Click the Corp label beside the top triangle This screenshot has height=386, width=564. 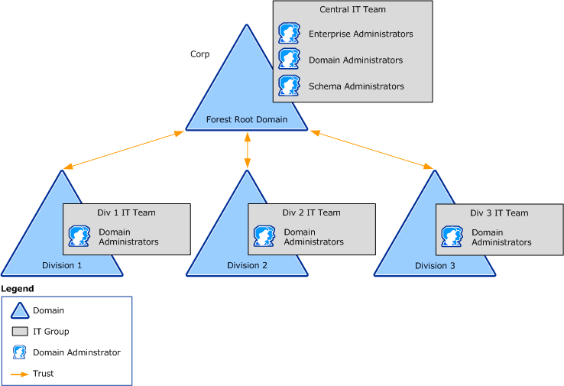coord(199,54)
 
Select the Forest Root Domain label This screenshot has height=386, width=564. coord(247,119)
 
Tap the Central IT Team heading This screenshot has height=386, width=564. coord(352,10)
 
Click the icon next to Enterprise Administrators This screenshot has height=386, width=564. coord(289,34)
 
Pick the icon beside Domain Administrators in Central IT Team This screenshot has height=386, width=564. coord(289,60)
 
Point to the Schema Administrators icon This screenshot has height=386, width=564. coord(289,86)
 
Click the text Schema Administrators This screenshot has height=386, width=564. coord(356,86)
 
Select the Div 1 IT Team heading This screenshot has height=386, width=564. coord(126,212)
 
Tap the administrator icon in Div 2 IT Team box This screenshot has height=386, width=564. coord(264,236)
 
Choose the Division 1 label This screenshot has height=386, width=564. coord(62,265)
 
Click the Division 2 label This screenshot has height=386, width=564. coord(247,265)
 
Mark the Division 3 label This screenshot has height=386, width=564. coord(435,265)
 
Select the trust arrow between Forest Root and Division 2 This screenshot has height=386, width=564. coord(247,151)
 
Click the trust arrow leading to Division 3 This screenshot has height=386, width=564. coord(372,150)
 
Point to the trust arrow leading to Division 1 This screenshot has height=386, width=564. coord(124,150)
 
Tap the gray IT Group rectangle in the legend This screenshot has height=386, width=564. coord(21,332)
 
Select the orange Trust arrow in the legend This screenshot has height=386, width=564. coord(21,374)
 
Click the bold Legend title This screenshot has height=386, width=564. coord(18,288)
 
